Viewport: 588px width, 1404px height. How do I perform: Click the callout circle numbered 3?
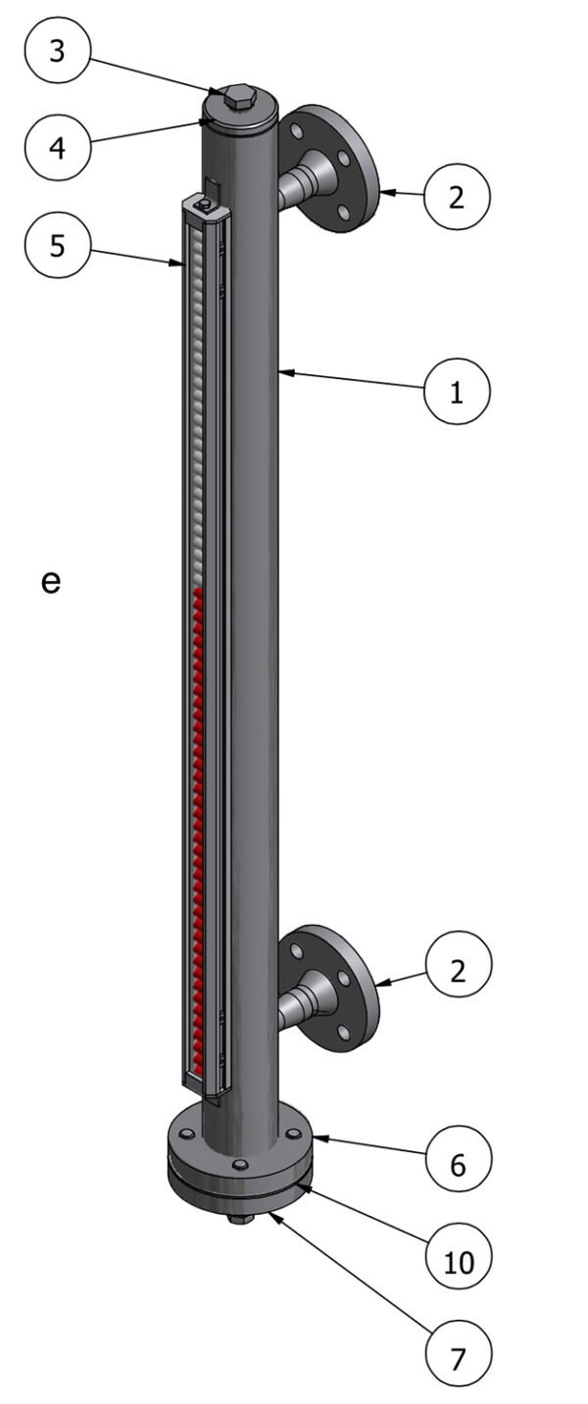point(57,50)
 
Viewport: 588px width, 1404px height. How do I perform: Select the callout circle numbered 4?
point(57,148)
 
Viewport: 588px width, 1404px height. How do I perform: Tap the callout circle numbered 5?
point(57,245)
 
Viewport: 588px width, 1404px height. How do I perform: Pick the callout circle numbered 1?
point(457,392)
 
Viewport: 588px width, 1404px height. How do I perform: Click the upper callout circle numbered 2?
point(457,197)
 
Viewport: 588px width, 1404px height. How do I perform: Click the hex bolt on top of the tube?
point(239,97)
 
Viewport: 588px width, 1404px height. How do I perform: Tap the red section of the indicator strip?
point(199,784)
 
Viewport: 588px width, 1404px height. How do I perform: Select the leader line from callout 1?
point(353,381)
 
